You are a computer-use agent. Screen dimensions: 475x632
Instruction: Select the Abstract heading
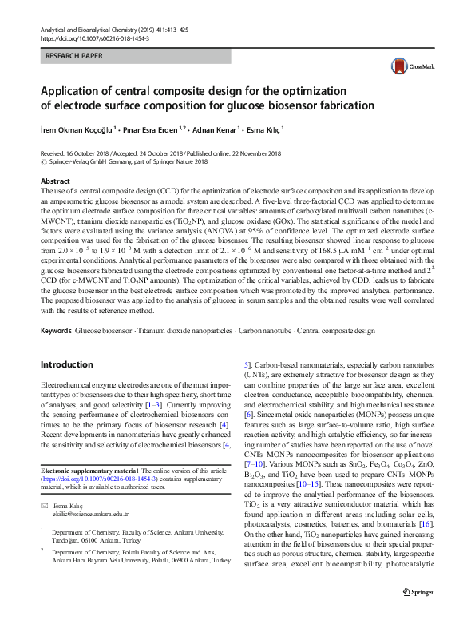click(x=55, y=182)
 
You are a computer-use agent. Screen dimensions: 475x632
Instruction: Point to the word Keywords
click(x=57, y=329)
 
